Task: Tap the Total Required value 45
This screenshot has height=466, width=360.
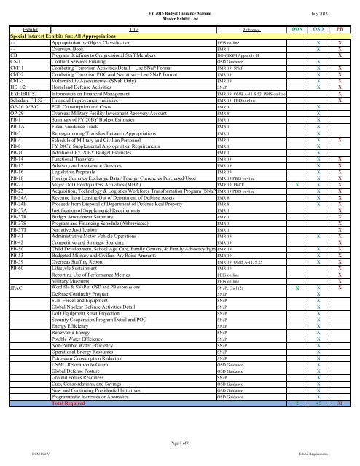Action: [x=318, y=403]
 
